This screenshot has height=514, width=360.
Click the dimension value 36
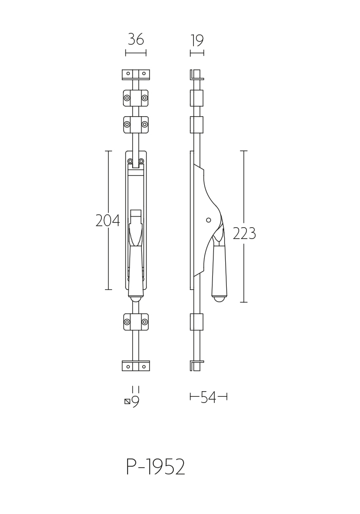click(x=136, y=40)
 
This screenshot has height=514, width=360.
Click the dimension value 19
click(x=197, y=41)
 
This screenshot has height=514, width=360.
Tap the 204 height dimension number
click(x=107, y=221)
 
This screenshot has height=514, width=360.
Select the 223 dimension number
click(x=244, y=233)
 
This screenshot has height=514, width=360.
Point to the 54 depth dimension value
click(x=208, y=397)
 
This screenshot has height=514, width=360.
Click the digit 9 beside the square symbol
click(x=135, y=401)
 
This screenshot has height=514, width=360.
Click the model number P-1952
click(x=156, y=467)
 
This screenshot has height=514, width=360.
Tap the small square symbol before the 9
click(x=127, y=401)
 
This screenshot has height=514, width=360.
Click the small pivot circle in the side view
click(x=208, y=221)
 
